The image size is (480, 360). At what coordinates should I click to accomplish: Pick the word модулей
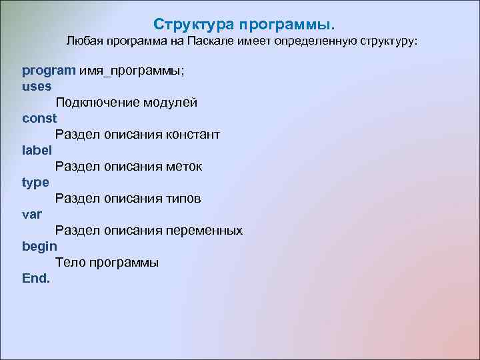tap(171, 103)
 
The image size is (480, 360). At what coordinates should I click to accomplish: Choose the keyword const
tap(39, 118)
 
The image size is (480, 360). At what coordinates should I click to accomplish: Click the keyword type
tap(35, 183)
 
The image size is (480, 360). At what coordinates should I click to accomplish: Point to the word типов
tap(185, 199)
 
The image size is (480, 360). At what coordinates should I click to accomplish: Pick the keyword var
tap(31, 214)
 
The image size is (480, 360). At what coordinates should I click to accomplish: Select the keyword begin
tap(39, 247)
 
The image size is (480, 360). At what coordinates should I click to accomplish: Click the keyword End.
tap(36, 278)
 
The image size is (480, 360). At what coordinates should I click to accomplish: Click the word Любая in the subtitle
tap(82, 42)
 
